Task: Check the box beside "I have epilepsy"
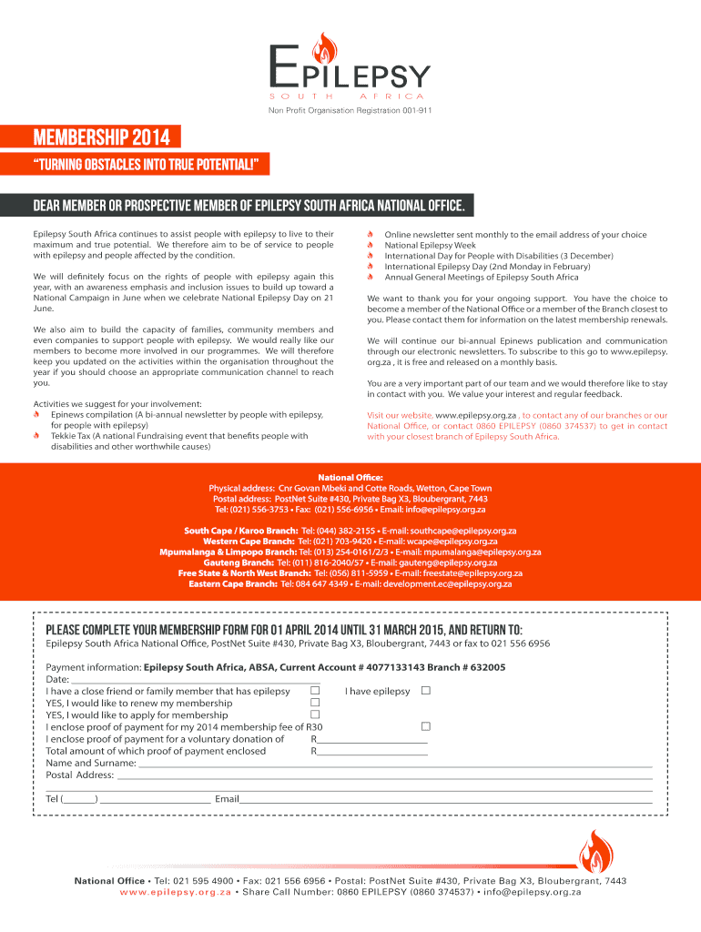[425, 691]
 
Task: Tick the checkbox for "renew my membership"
[316, 703]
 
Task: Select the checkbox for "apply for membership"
[316, 714]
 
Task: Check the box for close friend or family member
[316, 691]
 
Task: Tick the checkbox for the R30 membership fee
[425, 726]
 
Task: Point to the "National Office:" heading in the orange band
[350, 476]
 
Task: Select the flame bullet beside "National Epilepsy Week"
[371, 246]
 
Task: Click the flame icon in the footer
[596, 852]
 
